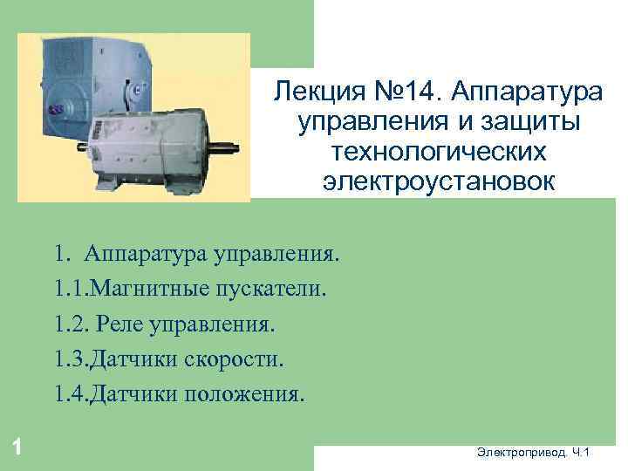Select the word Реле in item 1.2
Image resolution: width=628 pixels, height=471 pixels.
click(116, 324)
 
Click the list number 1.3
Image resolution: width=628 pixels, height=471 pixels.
click(68, 358)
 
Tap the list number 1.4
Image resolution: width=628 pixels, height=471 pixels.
click(68, 393)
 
